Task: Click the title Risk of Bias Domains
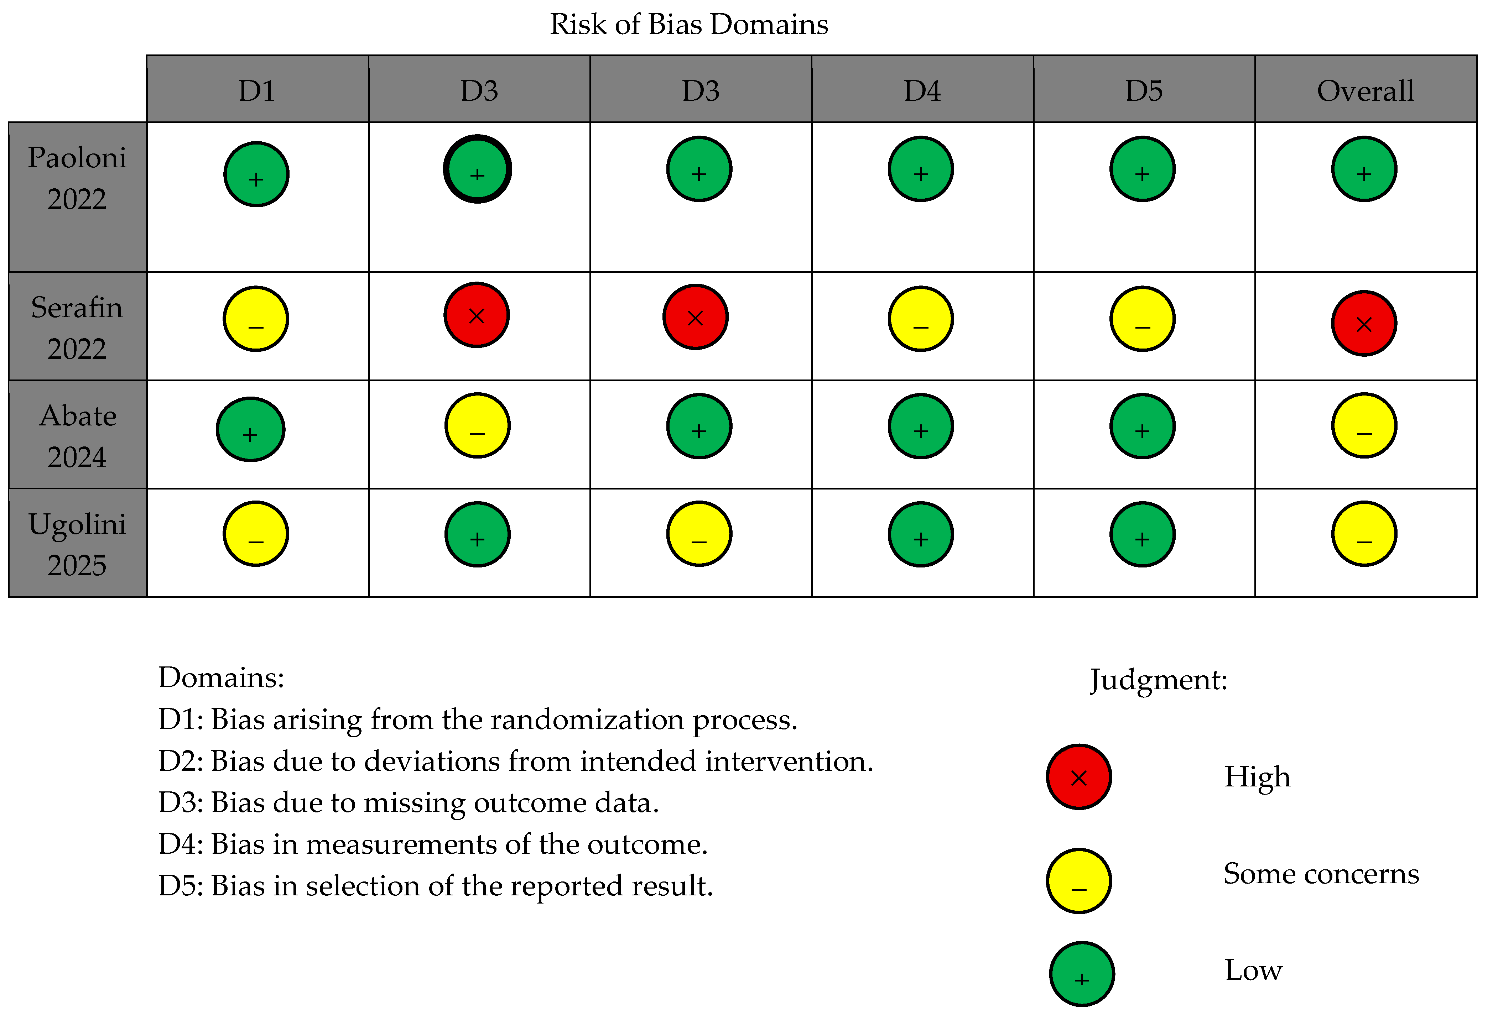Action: [x=689, y=25]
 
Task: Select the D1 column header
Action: [x=257, y=91]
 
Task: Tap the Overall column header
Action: [x=1365, y=91]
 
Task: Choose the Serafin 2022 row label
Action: [x=77, y=328]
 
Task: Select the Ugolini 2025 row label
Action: [x=77, y=544]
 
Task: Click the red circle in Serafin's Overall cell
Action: [x=1364, y=323]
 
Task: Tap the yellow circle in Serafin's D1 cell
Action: [x=256, y=319]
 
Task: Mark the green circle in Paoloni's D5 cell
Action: [x=1143, y=169]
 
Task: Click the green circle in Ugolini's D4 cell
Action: [x=921, y=534]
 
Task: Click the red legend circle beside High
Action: [x=1079, y=776]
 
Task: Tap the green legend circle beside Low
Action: [x=1082, y=974]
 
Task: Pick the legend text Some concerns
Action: [x=1321, y=874]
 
